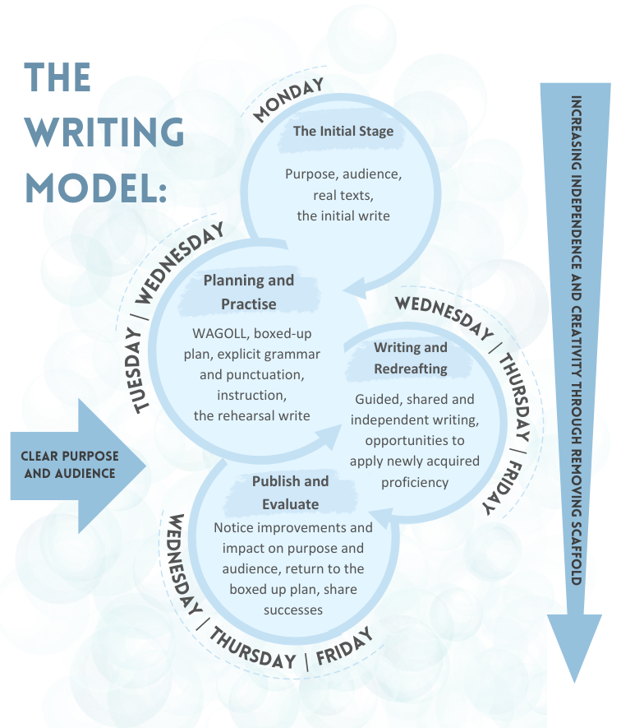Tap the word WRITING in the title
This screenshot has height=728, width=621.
pos(104,131)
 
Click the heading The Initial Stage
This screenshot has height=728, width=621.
pos(343,131)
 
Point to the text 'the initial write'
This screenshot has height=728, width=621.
pos(343,216)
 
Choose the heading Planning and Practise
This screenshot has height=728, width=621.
pos(248,292)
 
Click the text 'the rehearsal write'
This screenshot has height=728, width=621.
pos(251,415)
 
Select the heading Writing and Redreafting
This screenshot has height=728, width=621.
pos(411,358)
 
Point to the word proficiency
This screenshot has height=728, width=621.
pos(415,482)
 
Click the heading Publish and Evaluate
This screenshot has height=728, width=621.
pos(290,492)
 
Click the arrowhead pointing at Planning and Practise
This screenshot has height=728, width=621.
pos(352,289)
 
